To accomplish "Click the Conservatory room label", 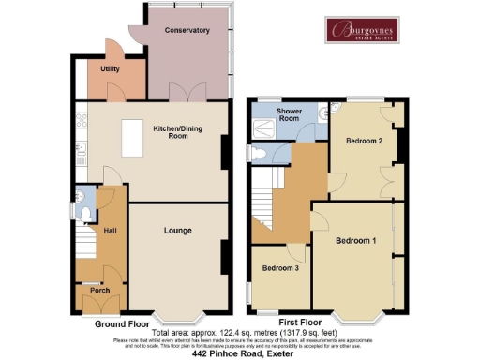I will pos(185,31).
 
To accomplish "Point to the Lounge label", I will pos(178,230).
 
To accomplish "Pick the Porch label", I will pos(99,291).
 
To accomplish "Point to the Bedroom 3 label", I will pos(280,269).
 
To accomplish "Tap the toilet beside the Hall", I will pos(85,215).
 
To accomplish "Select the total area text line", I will pos(239,332).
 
